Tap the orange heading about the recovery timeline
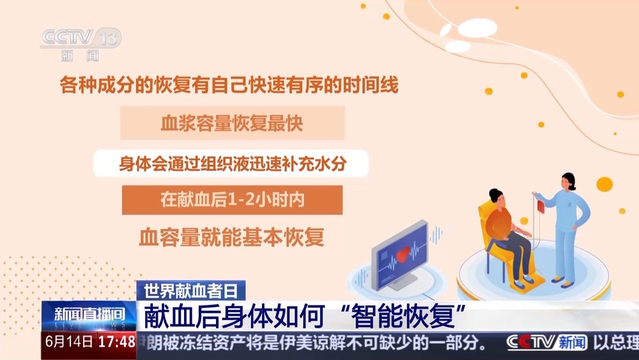229,85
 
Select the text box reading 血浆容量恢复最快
233,123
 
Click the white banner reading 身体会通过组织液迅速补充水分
231,164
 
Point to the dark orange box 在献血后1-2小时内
233,200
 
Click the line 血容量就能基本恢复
231,237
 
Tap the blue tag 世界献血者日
190,291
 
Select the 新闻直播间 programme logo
89,316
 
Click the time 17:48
116,341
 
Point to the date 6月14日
69,341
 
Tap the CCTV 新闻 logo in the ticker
547,343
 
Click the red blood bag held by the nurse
541,207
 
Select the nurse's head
568,182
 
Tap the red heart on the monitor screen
403,254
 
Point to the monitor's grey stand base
402,282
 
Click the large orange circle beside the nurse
604,184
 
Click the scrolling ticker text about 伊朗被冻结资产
313,343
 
